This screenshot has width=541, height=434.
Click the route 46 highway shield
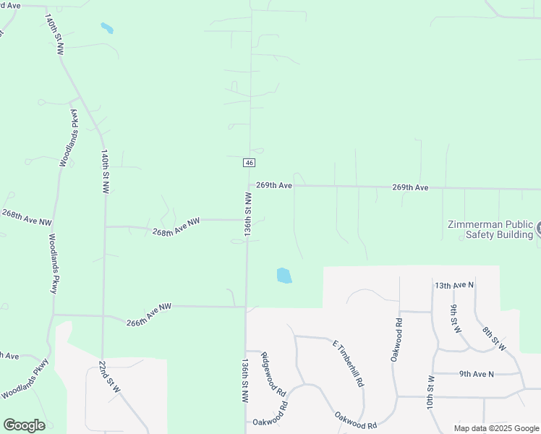(x=249, y=163)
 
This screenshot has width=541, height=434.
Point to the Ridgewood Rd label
(x=274, y=374)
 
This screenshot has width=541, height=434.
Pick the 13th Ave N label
(x=454, y=285)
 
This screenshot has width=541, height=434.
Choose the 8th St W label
(x=494, y=338)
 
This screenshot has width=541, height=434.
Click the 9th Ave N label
(x=476, y=374)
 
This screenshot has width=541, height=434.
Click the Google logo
(x=24, y=425)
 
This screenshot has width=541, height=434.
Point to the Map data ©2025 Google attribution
(x=496, y=428)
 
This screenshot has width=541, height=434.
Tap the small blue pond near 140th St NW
(x=107, y=29)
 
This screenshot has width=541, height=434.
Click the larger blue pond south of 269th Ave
(x=284, y=276)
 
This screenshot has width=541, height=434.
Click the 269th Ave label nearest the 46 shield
(x=274, y=186)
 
